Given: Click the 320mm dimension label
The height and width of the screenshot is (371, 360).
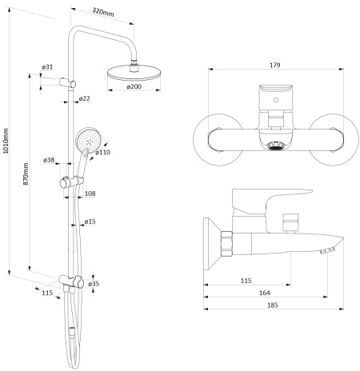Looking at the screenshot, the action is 103,12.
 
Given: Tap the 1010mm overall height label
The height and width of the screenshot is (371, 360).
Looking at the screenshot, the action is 6,141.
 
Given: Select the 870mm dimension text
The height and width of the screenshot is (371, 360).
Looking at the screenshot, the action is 26,174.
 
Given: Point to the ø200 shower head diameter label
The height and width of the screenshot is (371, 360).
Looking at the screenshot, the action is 134,86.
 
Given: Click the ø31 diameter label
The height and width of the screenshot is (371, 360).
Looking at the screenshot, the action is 47,67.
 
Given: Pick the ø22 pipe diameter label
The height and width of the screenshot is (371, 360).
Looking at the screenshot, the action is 85,98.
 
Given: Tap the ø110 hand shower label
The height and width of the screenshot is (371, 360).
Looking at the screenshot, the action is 102,152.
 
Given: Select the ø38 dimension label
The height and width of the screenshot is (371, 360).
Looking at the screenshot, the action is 49,160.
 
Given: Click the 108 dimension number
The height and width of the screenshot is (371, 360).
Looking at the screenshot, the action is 90,193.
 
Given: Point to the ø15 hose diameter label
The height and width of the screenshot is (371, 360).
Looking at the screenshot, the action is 90,221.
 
